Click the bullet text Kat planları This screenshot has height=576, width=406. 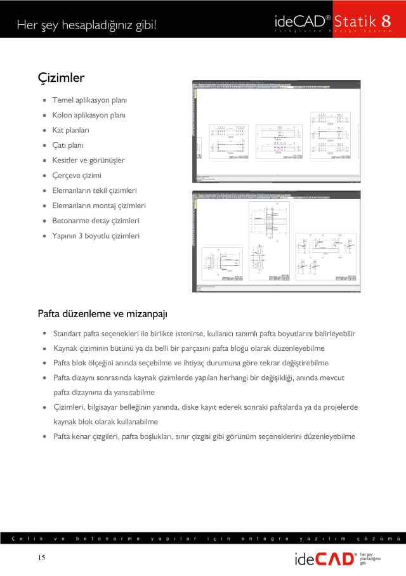(70, 130)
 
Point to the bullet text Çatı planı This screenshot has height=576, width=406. (68, 145)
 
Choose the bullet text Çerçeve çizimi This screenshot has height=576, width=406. (77, 175)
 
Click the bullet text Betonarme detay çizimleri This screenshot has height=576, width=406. (96, 221)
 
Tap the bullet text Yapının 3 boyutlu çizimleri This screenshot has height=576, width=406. (96, 236)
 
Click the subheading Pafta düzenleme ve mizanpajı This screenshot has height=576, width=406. (102, 313)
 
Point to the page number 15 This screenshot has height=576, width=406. (41, 558)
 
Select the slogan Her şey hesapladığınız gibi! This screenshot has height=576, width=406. (86, 25)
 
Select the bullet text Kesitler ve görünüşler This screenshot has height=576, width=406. (88, 160)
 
